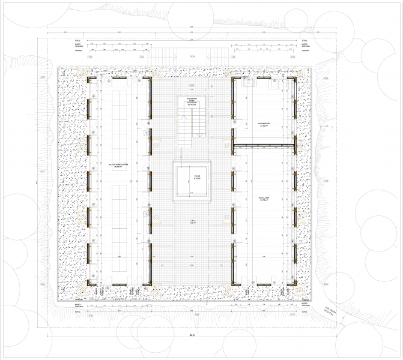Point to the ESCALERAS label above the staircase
coord(192,101)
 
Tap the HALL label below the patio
coord(192,221)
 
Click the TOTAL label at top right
coord(304,41)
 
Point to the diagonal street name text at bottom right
coord(332,310)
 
